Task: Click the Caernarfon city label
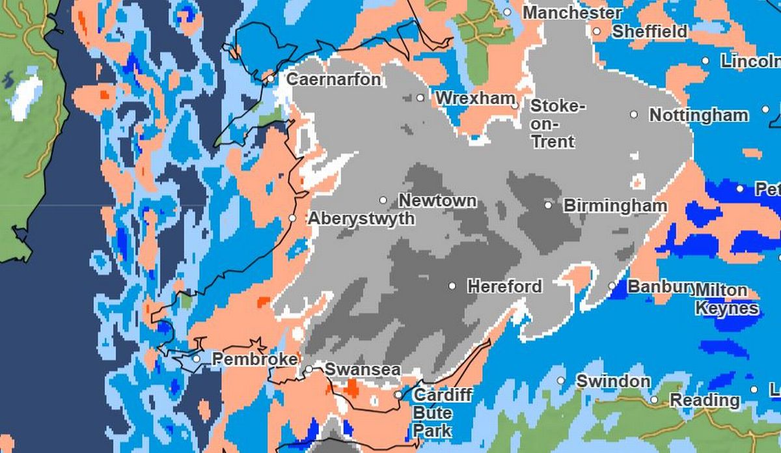tap(333, 79)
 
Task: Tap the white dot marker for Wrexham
tap(420, 98)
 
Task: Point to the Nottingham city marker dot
tap(634, 115)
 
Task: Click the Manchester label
tap(572, 12)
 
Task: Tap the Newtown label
tap(437, 200)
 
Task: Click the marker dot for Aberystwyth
tap(292, 218)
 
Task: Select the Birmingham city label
tap(615, 206)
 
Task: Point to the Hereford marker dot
tap(452, 286)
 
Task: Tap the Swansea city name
tap(362, 370)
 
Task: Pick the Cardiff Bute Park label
tap(443, 413)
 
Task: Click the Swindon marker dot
tap(561, 381)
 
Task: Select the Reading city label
tap(705, 400)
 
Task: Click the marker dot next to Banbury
tap(612, 286)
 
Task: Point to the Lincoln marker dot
tap(706, 61)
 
